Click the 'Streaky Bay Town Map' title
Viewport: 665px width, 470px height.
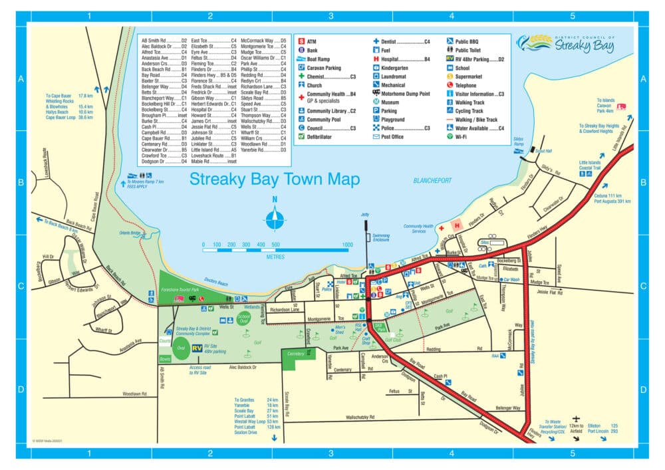coord(275,179)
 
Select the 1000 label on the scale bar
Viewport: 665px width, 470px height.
coord(346,245)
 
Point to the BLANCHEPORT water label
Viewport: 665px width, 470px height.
coord(432,180)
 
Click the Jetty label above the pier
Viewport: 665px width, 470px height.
coord(364,215)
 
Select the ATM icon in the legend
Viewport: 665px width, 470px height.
coord(301,42)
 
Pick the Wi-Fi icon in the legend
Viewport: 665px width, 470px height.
coord(450,136)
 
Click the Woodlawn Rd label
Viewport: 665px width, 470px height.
coord(134,394)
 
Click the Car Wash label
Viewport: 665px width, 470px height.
coord(511,280)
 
